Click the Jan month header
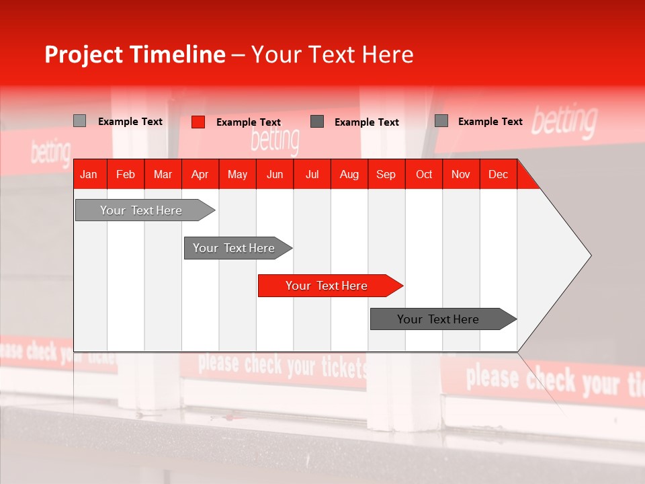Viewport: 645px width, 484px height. coord(89,174)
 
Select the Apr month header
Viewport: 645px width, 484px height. coord(200,174)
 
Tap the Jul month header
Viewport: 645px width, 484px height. coord(312,174)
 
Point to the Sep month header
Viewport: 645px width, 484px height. coord(386,174)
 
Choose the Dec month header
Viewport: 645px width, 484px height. coord(498,174)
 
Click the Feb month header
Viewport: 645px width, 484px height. coord(126,174)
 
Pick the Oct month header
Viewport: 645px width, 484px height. coord(424,174)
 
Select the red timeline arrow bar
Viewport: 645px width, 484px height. coord(329,286)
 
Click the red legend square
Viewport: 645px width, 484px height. coord(198,122)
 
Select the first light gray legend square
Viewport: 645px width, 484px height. coord(79,121)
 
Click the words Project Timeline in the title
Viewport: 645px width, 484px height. coord(134,54)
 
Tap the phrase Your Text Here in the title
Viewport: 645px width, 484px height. coord(332,54)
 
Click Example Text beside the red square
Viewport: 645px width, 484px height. coord(249,122)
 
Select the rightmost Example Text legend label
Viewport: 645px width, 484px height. coord(490,121)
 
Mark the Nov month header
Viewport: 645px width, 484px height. coord(461,174)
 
